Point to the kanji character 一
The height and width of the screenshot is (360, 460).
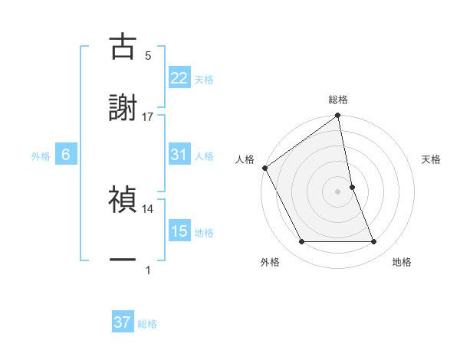[123, 261]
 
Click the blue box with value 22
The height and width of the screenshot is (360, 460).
[179, 78]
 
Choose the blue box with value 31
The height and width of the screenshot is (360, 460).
[179, 155]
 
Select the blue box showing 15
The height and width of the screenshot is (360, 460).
[179, 231]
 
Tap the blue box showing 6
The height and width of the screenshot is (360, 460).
[66, 155]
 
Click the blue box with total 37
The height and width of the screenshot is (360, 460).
[123, 322]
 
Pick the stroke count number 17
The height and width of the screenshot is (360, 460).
[148, 116]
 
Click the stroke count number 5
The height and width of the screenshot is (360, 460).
[148, 55]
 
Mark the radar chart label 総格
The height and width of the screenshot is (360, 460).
[338, 100]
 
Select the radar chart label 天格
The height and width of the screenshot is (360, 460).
[432, 159]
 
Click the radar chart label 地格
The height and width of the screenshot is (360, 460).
[402, 262]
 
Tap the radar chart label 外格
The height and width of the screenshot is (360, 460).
[270, 262]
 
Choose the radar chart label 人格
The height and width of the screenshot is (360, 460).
[245, 159]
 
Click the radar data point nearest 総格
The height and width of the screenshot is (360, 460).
[338, 116]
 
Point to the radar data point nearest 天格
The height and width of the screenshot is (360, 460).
[352, 186]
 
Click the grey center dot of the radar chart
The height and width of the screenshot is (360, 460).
[338, 191]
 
